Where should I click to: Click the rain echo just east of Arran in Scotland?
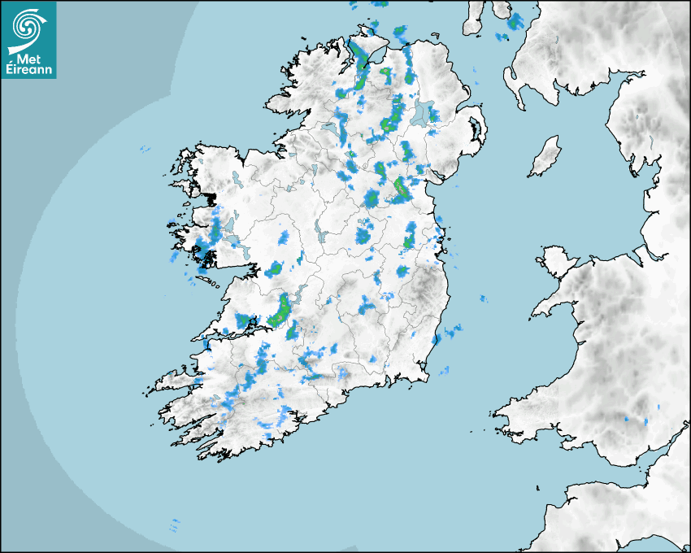click(x=515, y=21)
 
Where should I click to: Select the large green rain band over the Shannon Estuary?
click(x=281, y=310)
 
